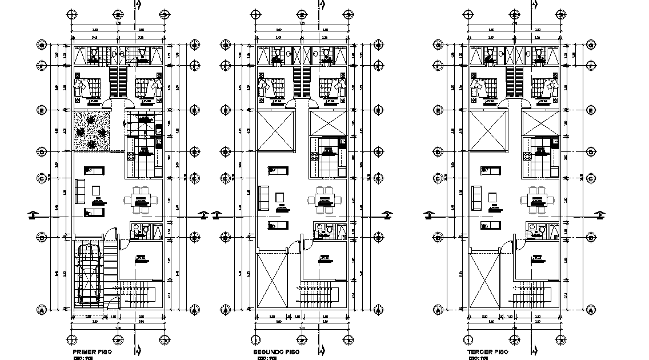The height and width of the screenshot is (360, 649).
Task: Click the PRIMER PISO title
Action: pos(92,353)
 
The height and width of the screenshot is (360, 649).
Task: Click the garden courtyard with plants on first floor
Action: pos(91,131)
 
